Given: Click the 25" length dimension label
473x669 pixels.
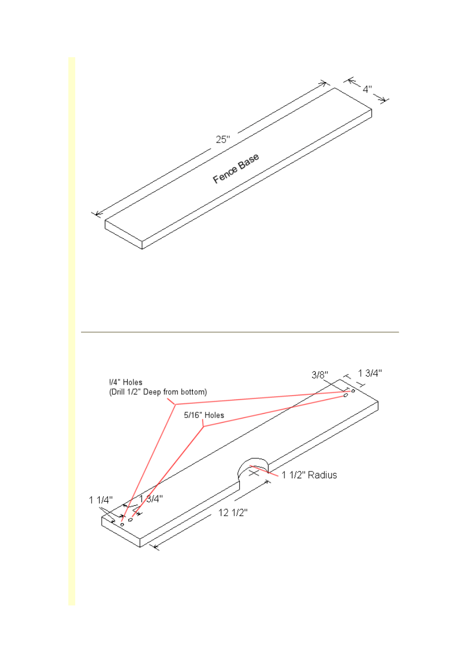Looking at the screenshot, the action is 223,139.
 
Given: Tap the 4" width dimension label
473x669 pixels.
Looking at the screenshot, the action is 367,89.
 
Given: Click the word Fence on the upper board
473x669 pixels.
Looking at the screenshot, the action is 225,175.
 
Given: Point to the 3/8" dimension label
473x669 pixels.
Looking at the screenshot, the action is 320,374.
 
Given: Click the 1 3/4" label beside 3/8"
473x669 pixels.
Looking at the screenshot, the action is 370,373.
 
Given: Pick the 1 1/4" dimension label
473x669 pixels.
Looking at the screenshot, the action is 101,500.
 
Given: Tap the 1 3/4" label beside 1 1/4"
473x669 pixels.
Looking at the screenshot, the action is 151,498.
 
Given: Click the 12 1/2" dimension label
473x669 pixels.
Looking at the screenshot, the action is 233,513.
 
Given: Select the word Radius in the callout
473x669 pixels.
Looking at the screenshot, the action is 322,475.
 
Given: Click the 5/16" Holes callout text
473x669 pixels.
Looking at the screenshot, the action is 204,415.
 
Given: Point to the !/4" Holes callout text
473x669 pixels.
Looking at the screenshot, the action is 126,382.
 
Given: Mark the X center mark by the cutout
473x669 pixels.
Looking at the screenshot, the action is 254,473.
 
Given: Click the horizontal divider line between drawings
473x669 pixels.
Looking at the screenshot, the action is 240,332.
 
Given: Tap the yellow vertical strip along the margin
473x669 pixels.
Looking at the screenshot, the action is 72,331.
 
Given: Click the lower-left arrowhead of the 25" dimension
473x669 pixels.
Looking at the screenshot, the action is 97,213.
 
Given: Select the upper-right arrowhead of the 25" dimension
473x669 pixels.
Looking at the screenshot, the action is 324,83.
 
